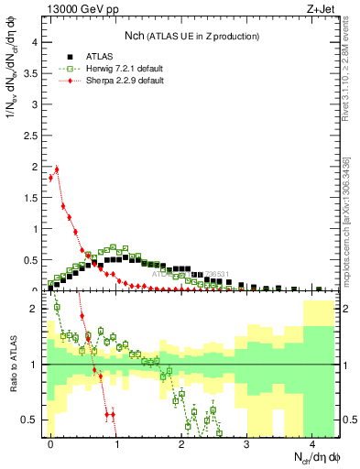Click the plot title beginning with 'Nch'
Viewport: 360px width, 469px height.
coord(191,36)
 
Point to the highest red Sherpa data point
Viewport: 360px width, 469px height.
coord(57,169)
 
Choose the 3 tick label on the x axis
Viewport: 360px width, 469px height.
coord(246,442)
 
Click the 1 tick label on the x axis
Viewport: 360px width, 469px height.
coord(115,442)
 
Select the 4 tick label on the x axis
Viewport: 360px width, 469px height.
coord(311,442)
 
